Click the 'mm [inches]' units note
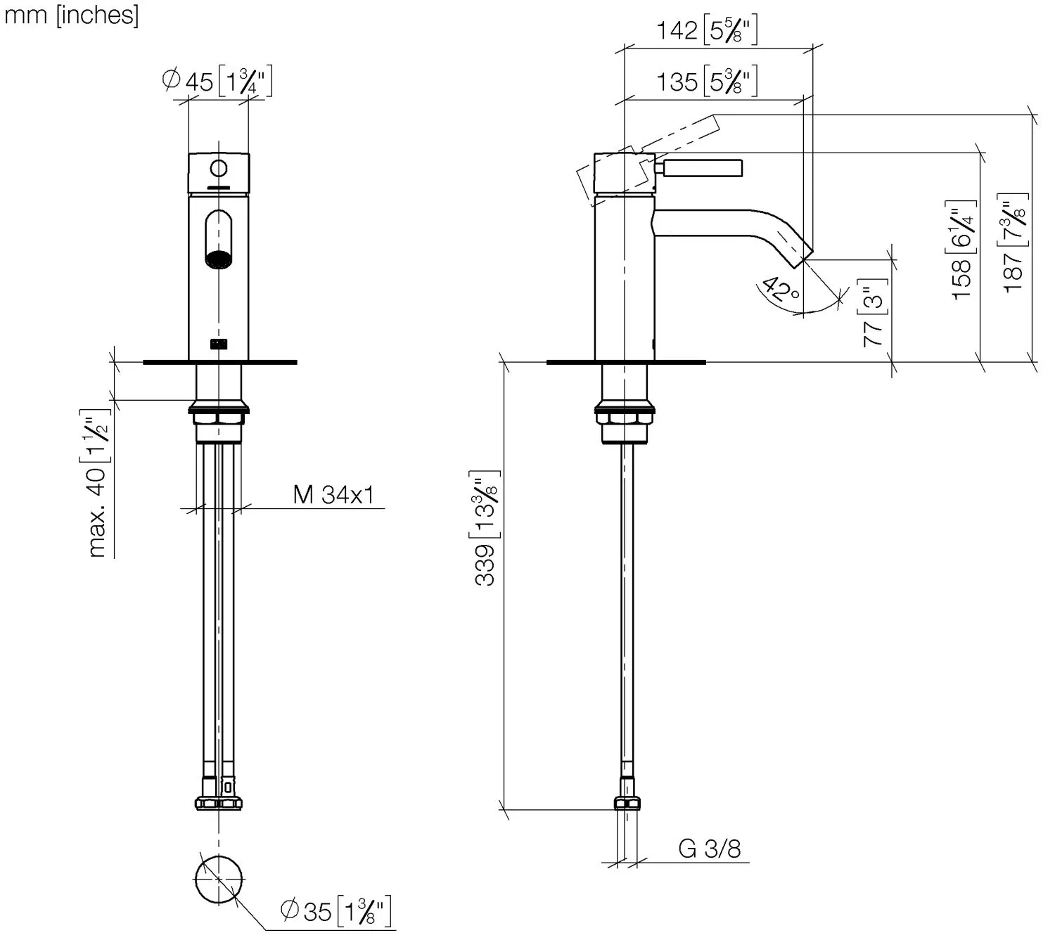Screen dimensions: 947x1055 tap(71, 15)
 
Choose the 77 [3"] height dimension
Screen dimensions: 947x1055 tap(873, 312)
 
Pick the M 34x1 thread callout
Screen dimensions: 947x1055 tap(333, 494)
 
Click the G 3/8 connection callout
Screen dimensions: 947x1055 tap(709, 849)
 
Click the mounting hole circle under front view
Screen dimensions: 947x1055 tap(219, 880)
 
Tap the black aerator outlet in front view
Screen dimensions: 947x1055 tap(219, 259)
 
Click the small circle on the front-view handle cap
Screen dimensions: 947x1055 tap(219, 169)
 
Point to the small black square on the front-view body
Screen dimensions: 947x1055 tap(219, 344)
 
